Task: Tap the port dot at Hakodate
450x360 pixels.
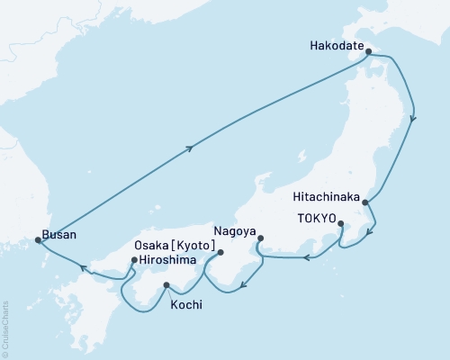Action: [367, 52]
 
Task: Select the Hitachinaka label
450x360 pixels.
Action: [327, 197]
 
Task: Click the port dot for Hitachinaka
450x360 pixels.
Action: [364, 203]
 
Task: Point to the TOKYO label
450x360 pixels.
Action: [315, 219]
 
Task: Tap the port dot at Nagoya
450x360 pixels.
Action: [261, 239]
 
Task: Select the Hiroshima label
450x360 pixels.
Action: [168, 261]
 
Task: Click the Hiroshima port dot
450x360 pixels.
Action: [134, 262]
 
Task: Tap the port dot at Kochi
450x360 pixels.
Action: [166, 286]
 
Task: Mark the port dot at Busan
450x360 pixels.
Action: [38, 240]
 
